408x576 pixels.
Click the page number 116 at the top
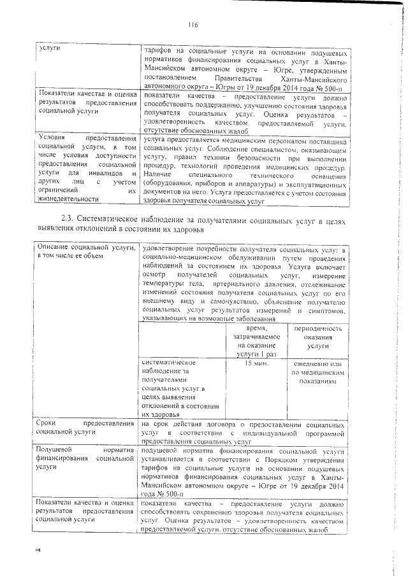pyautogui.click(x=194, y=25)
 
